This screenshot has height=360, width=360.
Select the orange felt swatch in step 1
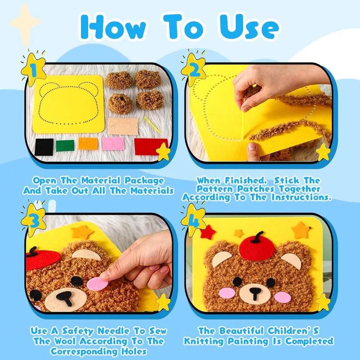click(88, 144)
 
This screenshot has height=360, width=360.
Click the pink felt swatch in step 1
click(111, 144)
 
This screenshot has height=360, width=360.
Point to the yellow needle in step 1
click(152, 124)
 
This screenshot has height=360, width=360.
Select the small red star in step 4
click(209, 232)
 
